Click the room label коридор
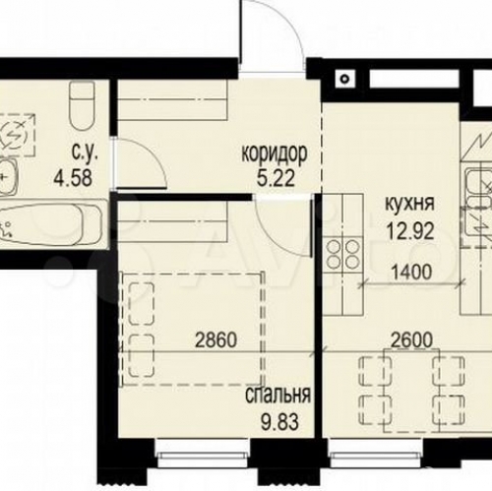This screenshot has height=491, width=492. [275, 154]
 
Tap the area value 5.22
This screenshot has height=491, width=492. [276, 178]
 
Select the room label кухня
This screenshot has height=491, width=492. [409, 204]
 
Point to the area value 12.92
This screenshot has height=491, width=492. [410, 230]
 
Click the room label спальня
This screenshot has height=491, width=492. [277, 396]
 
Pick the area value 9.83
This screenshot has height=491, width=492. [279, 422]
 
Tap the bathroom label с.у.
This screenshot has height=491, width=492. [85, 154]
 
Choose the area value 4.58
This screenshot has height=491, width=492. [73, 178]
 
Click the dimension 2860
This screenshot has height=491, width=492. [215, 339]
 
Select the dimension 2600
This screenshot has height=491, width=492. [412, 340]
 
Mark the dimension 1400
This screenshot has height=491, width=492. [411, 273]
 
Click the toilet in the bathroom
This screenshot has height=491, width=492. [83, 105]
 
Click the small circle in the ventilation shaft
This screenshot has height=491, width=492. [344, 79]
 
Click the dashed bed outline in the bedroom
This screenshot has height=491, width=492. [193, 329]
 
